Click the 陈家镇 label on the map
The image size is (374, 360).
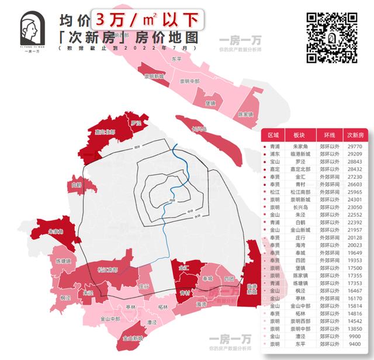pyautogui.click(x=246, y=115)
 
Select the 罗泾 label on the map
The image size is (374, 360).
pyautogui.click(x=137, y=123)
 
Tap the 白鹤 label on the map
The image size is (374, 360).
pyautogui.click(x=75, y=185)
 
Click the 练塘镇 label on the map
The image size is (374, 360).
pyautogui.click(x=63, y=261)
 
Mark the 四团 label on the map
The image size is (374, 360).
pyautogui.click(x=228, y=278)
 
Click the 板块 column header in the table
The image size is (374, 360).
pyautogui.click(x=299, y=135)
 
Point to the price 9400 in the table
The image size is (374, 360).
pyautogui.click(x=355, y=345)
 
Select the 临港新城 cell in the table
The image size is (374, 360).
pyautogui.click(x=299, y=155)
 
